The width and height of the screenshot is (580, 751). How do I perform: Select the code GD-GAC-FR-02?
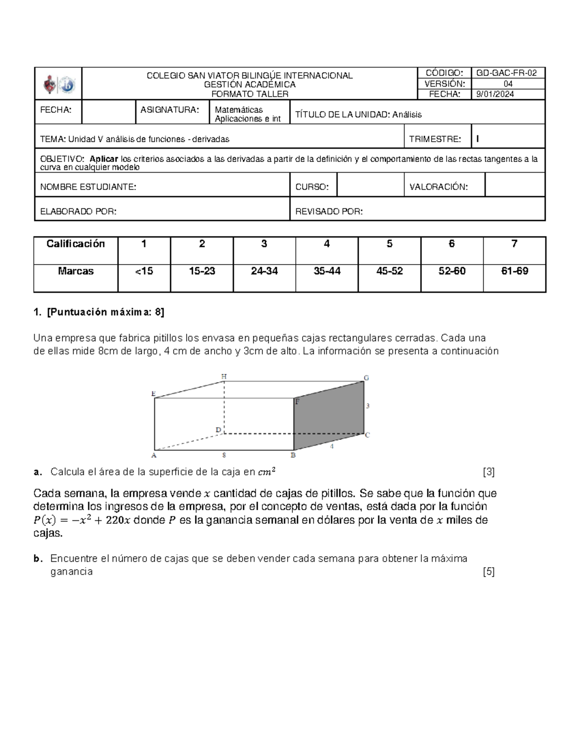click(506, 73)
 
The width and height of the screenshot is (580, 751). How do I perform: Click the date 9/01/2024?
click(495, 94)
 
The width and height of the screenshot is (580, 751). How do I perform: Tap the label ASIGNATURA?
click(169, 110)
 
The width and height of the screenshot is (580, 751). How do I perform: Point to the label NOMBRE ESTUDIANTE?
click(88, 187)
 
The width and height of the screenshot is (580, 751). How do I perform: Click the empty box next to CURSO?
click(370, 185)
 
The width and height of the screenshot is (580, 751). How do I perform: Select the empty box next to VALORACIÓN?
click(514, 185)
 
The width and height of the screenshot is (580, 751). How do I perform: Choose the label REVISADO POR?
click(329, 211)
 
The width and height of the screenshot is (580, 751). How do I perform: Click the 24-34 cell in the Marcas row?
click(264, 271)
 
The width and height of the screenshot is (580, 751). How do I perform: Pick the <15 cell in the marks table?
click(144, 271)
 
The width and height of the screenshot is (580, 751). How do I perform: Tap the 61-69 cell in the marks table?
click(514, 271)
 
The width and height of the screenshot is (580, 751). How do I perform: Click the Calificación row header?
click(75, 244)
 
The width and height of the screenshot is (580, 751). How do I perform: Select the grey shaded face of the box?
click(329, 416)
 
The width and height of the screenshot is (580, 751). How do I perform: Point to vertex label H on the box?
click(224, 376)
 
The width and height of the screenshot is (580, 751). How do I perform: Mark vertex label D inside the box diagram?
click(218, 430)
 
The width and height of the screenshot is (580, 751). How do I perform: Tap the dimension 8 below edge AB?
click(224, 455)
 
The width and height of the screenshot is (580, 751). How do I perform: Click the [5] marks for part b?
click(489, 572)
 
